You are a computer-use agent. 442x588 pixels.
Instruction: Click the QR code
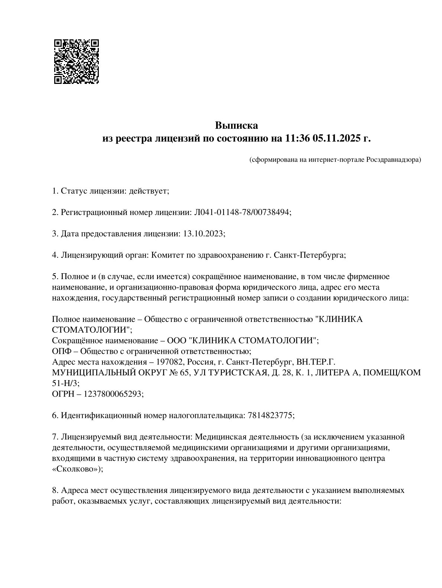point(77,61)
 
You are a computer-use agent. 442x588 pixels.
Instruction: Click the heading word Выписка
point(236,125)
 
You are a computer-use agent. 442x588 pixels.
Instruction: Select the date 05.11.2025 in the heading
point(337,138)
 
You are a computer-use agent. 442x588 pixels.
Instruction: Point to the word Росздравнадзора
point(393,160)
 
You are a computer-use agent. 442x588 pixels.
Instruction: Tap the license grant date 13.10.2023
point(204,233)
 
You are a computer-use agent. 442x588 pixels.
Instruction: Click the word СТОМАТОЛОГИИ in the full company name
point(91,330)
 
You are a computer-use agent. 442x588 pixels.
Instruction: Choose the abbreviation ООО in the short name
point(177,340)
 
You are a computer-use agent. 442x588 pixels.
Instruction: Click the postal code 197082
point(170,362)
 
